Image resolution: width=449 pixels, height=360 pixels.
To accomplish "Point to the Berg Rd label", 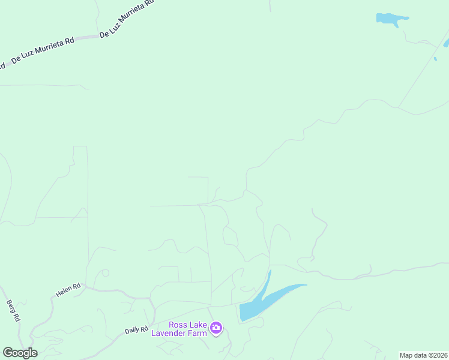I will coord(14,310).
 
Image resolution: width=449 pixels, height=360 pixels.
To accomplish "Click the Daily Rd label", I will coord(136,330).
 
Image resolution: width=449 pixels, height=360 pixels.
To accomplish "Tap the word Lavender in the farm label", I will coord(170,333).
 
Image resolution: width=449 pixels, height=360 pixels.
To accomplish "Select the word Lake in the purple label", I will coord(197,325).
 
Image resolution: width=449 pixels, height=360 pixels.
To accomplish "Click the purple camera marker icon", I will coord(216,328).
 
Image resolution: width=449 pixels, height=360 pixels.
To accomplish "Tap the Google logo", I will coord(20,353).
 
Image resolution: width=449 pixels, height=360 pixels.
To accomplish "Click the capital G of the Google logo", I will coord(8,353).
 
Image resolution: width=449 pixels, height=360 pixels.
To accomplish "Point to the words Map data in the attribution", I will coord(414,355).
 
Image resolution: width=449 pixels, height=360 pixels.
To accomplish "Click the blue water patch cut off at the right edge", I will coord(446,43).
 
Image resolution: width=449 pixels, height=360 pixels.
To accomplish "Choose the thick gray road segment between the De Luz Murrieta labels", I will coord(86,37).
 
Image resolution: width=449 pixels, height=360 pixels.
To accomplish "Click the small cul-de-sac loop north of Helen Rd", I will coord(105,273).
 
